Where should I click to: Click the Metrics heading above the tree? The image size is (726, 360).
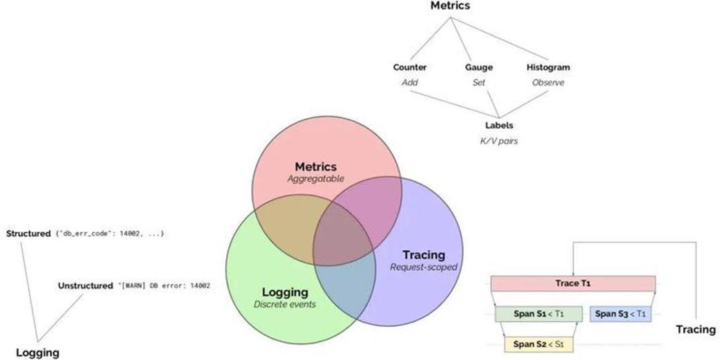[450, 6]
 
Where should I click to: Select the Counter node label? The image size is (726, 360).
[410, 68]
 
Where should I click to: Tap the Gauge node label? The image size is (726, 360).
[478, 68]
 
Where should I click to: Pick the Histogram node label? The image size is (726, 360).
[548, 68]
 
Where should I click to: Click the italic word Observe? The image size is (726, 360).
[548, 82]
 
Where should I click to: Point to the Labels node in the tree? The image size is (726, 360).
[499, 126]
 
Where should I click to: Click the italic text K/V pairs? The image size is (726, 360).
[499, 141]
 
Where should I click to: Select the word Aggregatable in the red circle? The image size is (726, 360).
[315, 179]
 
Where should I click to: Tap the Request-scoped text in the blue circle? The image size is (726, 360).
[423, 267]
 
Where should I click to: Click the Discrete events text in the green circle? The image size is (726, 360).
[284, 304]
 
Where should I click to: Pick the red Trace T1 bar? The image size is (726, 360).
[573, 283]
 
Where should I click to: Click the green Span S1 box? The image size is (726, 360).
[539, 314]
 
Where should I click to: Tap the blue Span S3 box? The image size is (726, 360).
[621, 314]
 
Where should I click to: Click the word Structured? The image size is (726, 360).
[28, 234]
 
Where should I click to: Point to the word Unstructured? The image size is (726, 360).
[85, 285]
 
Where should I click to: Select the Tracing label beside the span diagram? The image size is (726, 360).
[696, 329]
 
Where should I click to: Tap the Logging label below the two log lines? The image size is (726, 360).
[37, 352]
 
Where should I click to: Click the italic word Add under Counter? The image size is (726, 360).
[410, 82]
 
